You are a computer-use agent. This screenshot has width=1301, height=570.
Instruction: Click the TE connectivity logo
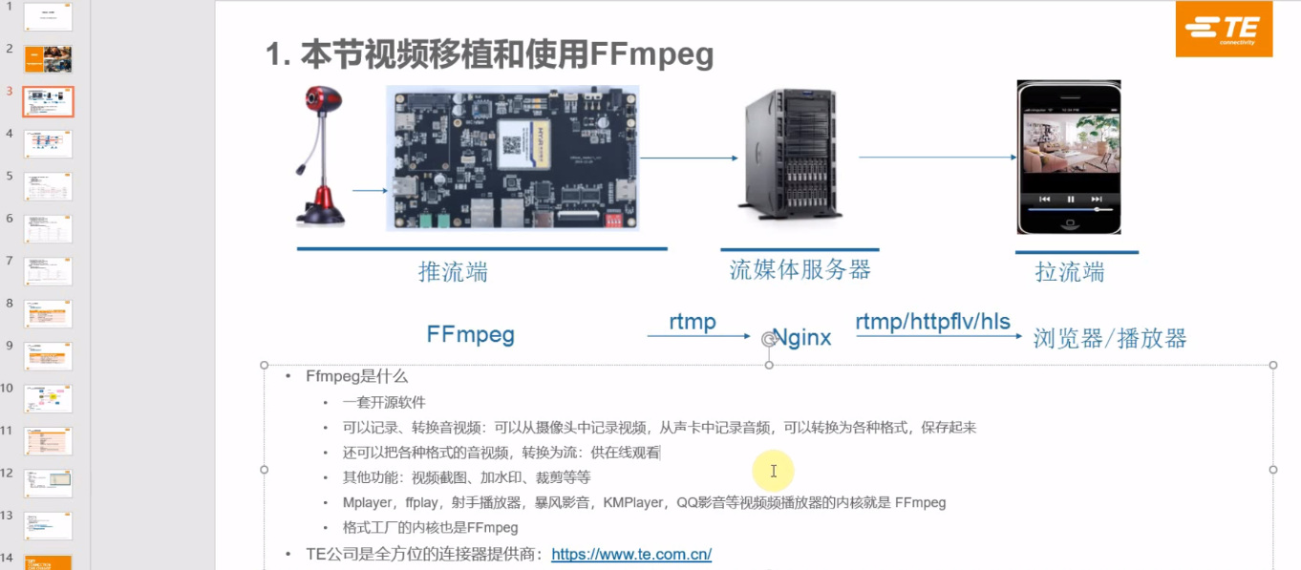1224,30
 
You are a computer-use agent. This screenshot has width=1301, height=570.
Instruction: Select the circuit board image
512,158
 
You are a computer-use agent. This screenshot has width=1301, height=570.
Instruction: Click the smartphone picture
1067,157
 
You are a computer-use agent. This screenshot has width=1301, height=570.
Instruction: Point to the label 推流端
453,272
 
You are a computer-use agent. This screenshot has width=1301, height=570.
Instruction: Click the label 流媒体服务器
800,270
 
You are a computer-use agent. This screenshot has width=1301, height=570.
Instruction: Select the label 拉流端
1070,272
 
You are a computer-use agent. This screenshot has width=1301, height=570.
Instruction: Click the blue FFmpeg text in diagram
470,334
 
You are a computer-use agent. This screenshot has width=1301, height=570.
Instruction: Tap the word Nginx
802,337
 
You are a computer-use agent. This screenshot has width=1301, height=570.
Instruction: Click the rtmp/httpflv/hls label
932,322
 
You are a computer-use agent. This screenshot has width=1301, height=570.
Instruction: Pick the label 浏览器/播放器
1110,338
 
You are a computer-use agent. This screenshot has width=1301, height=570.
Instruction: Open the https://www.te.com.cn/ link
631,554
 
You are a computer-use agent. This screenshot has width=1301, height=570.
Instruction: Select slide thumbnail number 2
48,59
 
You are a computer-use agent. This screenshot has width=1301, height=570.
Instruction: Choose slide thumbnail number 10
48,398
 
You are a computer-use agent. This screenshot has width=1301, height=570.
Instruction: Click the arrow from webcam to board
369,191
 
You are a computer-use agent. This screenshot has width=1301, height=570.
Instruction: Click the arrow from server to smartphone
936,157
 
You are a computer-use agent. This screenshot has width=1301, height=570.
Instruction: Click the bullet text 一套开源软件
384,403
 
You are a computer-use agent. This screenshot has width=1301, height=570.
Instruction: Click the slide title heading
490,54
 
